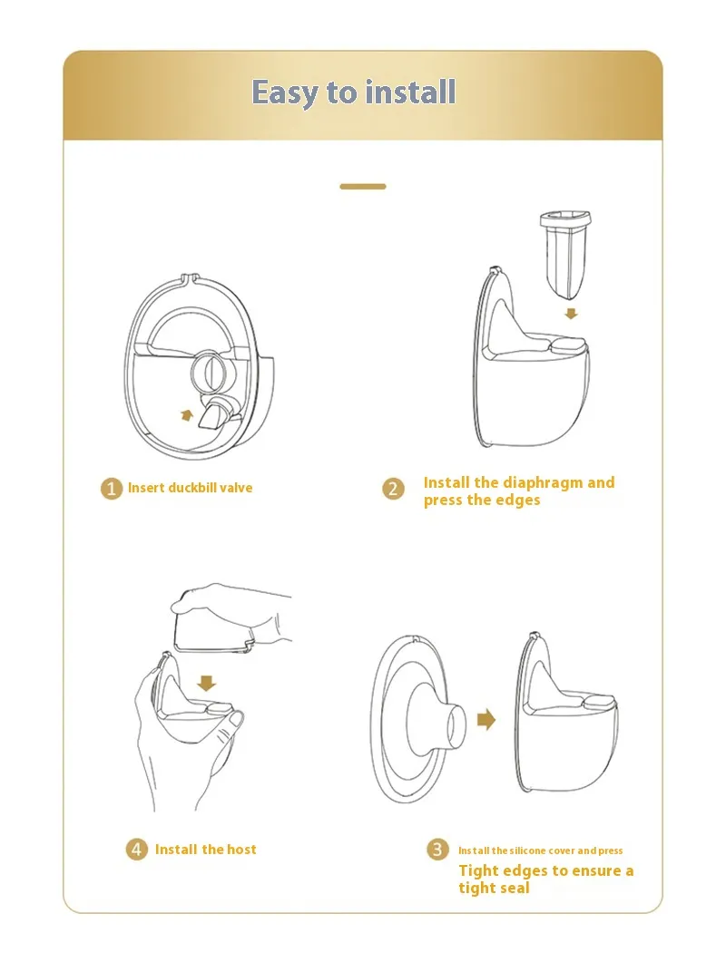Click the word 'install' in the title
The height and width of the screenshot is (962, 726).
pyautogui.click(x=410, y=92)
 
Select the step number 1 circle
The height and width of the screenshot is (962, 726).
pyautogui.click(x=112, y=489)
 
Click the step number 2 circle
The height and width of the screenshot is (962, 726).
pyautogui.click(x=394, y=489)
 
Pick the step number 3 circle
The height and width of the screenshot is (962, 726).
pyautogui.click(x=437, y=850)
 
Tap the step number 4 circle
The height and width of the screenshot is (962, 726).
pyautogui.click(x=136, y=850)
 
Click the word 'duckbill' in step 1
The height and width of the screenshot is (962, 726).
pyautogui.click(x=191, y=488)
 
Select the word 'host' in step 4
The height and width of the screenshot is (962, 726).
pyautogui.click(x=241, y=849)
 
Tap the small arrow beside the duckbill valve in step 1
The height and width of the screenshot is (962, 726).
pyautogui.click(x=187, y=415)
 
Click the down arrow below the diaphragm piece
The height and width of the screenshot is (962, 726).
pyautogui.click(x=571, y=314)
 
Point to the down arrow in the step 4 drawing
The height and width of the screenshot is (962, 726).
pyautogui.click(x=207, y=683)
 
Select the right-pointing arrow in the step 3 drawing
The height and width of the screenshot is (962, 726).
pyautogui.click(x=486, y=719)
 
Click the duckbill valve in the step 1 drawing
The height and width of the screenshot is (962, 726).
pyautogui.click(x=216, y=413)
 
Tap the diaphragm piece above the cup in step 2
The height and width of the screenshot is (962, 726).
pyautogui.click(x=565, y=254)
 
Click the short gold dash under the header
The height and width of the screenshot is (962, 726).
pyautogui.click(x=363, y=187)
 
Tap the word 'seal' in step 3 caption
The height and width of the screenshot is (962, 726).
pyautogui.click(x=514, y=888)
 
